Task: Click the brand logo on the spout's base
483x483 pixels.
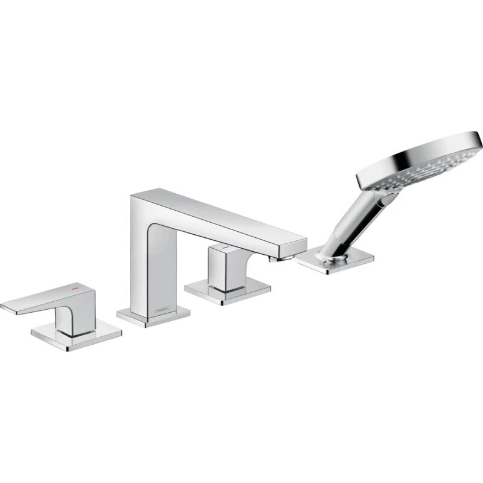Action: pos(162,309)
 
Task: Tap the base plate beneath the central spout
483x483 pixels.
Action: pos(154,315)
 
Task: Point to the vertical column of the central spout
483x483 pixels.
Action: pos(145,260)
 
